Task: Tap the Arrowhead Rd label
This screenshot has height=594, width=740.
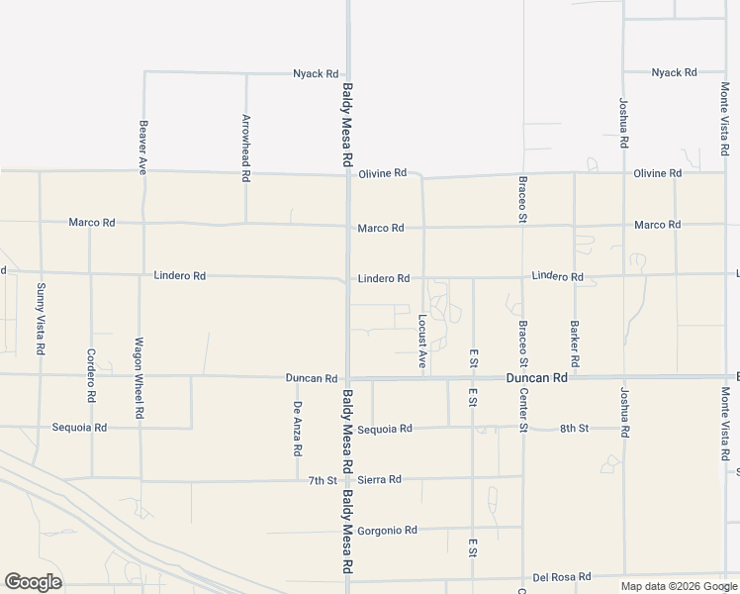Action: point(246,148)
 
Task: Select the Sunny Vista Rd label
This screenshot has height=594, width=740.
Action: point(41,319)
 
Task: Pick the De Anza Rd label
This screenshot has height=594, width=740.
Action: point(297,427)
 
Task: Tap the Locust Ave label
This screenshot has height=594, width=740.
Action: point(422,342)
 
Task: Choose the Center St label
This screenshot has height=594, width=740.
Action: point(524,407)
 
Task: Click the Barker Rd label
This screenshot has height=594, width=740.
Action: point(574,339)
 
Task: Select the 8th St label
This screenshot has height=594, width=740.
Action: point(574,428)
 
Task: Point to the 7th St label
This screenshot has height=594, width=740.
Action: point(323,480)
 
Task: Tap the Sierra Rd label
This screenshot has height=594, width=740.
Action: point(379,480)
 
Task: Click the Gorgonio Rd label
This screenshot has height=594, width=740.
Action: point(387,531)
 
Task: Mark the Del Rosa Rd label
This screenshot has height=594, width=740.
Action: point(561,576)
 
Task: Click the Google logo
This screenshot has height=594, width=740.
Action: point(33,582)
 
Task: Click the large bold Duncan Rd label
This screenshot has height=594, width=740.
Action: point(536,377)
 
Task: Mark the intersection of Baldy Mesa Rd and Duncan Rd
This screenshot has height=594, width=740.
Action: point(348,377)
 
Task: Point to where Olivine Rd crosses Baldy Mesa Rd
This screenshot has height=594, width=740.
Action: point(348,175)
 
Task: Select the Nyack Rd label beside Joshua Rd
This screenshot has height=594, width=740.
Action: point(674,72)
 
